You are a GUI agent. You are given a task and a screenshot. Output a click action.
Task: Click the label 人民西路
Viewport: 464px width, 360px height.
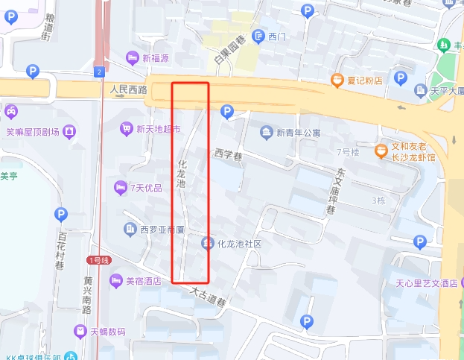pos(128,90)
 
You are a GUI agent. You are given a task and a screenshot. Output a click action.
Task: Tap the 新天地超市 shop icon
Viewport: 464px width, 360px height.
pos(126,129)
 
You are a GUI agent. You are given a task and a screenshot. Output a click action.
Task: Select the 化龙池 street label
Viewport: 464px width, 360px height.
pos(181,173)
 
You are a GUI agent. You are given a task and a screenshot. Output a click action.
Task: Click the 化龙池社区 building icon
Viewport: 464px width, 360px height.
pos(207,244)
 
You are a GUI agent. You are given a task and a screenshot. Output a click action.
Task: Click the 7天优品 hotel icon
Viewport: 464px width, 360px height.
pos(120,187)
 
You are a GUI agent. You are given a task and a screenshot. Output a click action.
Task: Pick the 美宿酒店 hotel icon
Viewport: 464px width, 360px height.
pos(115,281)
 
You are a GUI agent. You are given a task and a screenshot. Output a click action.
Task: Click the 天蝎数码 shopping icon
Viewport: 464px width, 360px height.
pos(80,331)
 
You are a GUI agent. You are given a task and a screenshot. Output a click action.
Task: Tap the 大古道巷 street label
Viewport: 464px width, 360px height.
pos(207,297)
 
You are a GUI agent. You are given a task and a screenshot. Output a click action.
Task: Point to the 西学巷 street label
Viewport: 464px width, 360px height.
pos(229,155)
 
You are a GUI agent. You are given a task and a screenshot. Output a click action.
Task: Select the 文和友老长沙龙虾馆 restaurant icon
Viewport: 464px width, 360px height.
pos(381,151)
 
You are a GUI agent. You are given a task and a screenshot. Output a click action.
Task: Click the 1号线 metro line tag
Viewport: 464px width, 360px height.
pos(99,260)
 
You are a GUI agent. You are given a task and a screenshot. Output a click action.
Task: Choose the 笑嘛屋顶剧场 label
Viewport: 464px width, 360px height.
pos(32,132)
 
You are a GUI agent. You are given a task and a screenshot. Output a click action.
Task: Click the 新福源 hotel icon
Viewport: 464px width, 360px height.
pos(133,58)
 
